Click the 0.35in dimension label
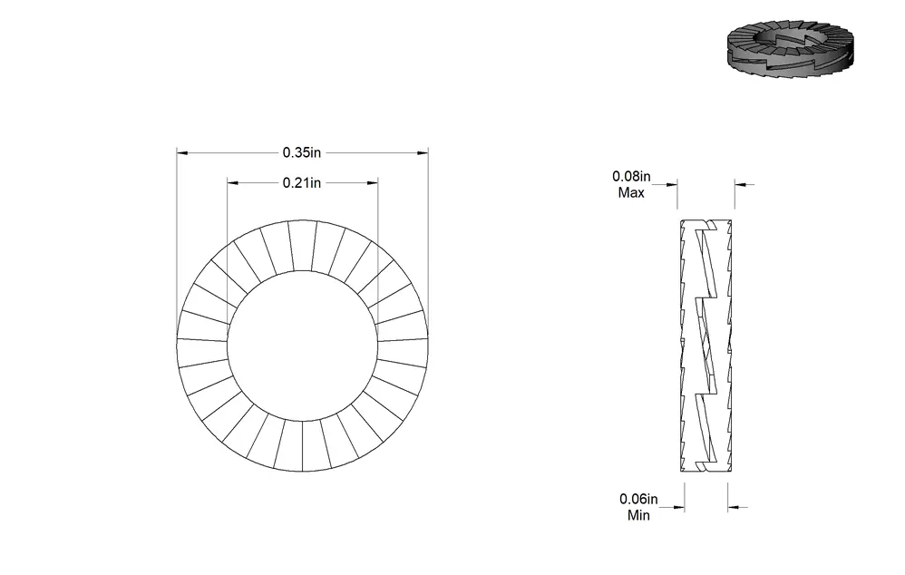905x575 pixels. [301, 152]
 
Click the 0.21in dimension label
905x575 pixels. [301, 182]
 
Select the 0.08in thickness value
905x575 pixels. [631, 176]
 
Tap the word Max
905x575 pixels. [631, 193]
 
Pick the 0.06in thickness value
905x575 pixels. [638, 499]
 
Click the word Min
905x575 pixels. [638, 515]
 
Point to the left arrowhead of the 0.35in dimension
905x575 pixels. [182, 153]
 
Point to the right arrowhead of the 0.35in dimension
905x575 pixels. [423, 153]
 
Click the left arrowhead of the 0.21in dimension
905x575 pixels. [233, 183]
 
